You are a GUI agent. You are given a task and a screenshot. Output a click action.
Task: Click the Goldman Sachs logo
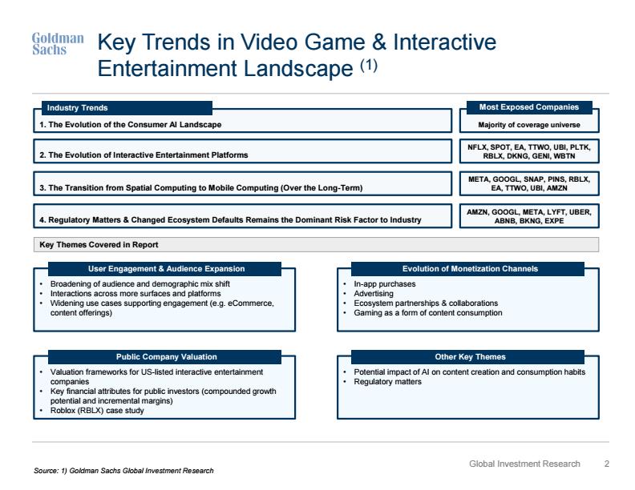click(x=58, y=44)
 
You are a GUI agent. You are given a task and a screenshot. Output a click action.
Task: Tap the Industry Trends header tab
click(x=127, y=108)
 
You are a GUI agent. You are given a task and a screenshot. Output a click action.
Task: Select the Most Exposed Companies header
click(x=529, y=107)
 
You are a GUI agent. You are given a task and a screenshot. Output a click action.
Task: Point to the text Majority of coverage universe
click(x=529, y=125)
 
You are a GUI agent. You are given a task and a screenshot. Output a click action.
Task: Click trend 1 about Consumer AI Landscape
click(x=131, y=125)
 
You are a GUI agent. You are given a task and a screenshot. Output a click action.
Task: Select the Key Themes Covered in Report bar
click(x=316, y=244)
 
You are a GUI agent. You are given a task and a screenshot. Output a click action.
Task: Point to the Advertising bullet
click(x=374, y=294)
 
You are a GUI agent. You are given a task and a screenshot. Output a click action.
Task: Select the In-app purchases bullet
click(x=385, y=283)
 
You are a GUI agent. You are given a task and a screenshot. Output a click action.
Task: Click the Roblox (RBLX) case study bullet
click(x=97, y=411)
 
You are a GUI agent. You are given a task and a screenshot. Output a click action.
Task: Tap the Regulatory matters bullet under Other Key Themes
click(x=387, y=382)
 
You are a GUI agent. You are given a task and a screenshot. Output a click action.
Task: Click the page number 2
click(x=607, y=464)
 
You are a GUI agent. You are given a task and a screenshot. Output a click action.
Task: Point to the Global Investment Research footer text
click(x=525, y=464)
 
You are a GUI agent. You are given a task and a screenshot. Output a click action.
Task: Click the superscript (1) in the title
click(x=369, y=65)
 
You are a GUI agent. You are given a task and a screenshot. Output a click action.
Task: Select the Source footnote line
click(x=123, y=471)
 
